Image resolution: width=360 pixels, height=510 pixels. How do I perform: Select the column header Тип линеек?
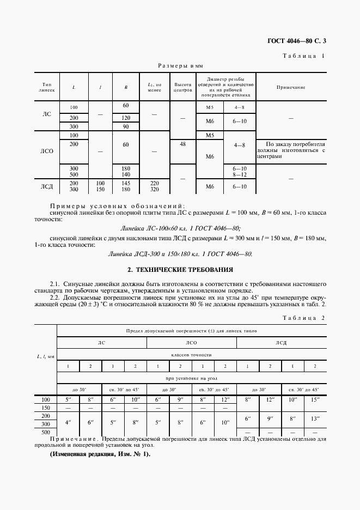(47, 87)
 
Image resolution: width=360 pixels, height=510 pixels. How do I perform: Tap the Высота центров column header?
(182, 87)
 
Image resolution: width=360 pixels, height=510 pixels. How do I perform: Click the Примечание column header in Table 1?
(291, 87)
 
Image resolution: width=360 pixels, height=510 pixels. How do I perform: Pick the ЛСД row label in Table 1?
(47, 186)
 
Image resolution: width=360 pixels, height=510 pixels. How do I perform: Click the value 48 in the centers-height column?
(182, 144)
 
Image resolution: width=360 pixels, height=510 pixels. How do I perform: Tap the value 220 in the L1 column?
(155, 183)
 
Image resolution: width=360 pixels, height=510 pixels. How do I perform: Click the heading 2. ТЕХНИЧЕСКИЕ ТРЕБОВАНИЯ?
(180, 270)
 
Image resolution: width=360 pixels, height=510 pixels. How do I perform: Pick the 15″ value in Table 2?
(315, 400)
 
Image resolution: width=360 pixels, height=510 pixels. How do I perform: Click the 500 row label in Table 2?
(47, 432)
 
